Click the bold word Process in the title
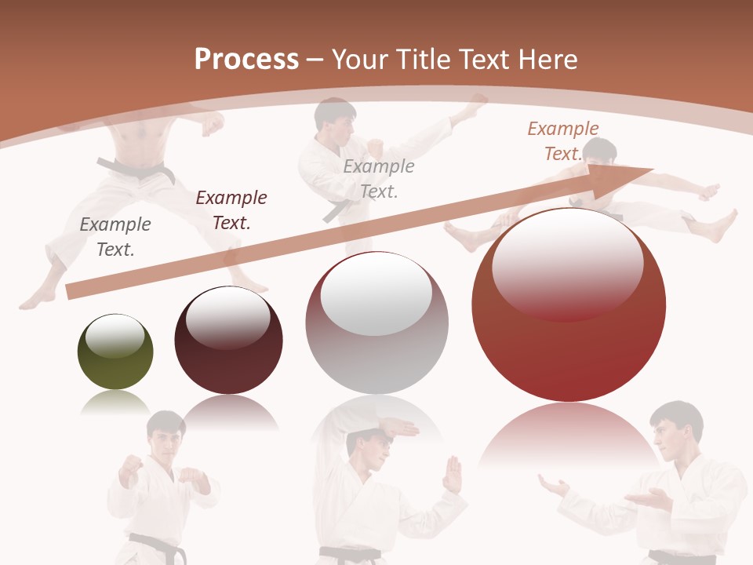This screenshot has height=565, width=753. pyautogui.click(x=246, y=59)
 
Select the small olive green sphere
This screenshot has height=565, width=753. pyautogui.click(x=115, y=352)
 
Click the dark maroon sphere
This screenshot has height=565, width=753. pyautogui.click(x=228, y=341)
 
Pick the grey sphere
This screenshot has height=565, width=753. pyautogui.click(x=376, y=323)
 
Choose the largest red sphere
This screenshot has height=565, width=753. pyautogui.click(x=569, y=305)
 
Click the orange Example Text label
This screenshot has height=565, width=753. pyautogui.click(x=563, y=140)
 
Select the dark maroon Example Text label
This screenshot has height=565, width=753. pyautogui.click(x=231, y=210)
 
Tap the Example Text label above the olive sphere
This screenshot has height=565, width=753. pyautogui.click(x=115, y=236)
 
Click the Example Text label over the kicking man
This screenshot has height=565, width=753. pyautogui.click(x=379, y=178)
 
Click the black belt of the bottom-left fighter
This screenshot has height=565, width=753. pyautogui.click(x=157, y=543)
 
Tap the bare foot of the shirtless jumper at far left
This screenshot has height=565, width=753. pyautogui.click(x=36, y=299)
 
